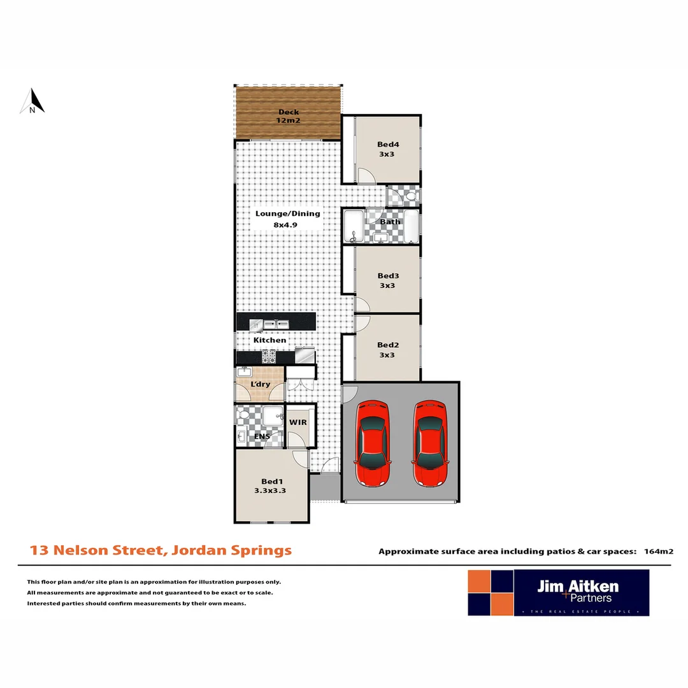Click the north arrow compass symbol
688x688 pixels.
click(32, 102)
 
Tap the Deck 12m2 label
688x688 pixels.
click(288, 116)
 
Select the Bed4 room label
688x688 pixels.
click(387, 149)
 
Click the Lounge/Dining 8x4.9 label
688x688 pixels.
click(288, 219)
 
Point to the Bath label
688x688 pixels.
click(390, 222)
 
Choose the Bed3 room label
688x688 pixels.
click(387, 280)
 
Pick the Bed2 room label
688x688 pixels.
click(387, 350)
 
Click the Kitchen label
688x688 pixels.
click(270, 340)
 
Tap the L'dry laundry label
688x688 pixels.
click(259, 385)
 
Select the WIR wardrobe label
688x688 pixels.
click(299, 422)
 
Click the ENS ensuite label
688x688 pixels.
click(261, 436)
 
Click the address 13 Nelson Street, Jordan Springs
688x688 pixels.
click(161, 550)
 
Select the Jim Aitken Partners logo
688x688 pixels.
click(558, 592)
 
